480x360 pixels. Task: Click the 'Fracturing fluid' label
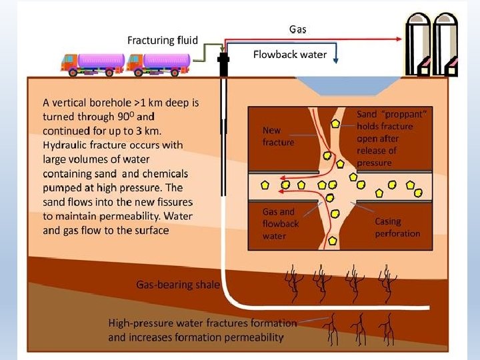click(162, 40)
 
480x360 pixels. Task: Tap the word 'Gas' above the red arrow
click(298, 29)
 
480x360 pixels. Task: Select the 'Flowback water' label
click(289, 55)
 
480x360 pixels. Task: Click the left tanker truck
click(93, 63)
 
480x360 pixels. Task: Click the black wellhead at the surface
click(223, 65)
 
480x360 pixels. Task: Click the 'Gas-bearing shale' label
click(178, 285)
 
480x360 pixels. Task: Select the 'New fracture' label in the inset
click(278, 136)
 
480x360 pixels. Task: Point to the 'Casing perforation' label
click(397, 227)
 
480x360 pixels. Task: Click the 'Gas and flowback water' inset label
click(280, 223)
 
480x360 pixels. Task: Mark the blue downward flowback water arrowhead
click(335, 61)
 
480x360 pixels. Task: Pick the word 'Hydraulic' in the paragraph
click(67, 145)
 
